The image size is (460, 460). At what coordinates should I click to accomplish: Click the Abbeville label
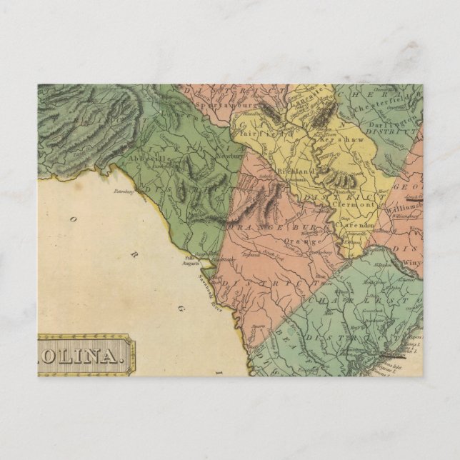tap(147, 159)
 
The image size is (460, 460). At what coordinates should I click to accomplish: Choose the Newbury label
tap(229, 153)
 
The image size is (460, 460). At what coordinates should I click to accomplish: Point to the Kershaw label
tap(349, 140)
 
